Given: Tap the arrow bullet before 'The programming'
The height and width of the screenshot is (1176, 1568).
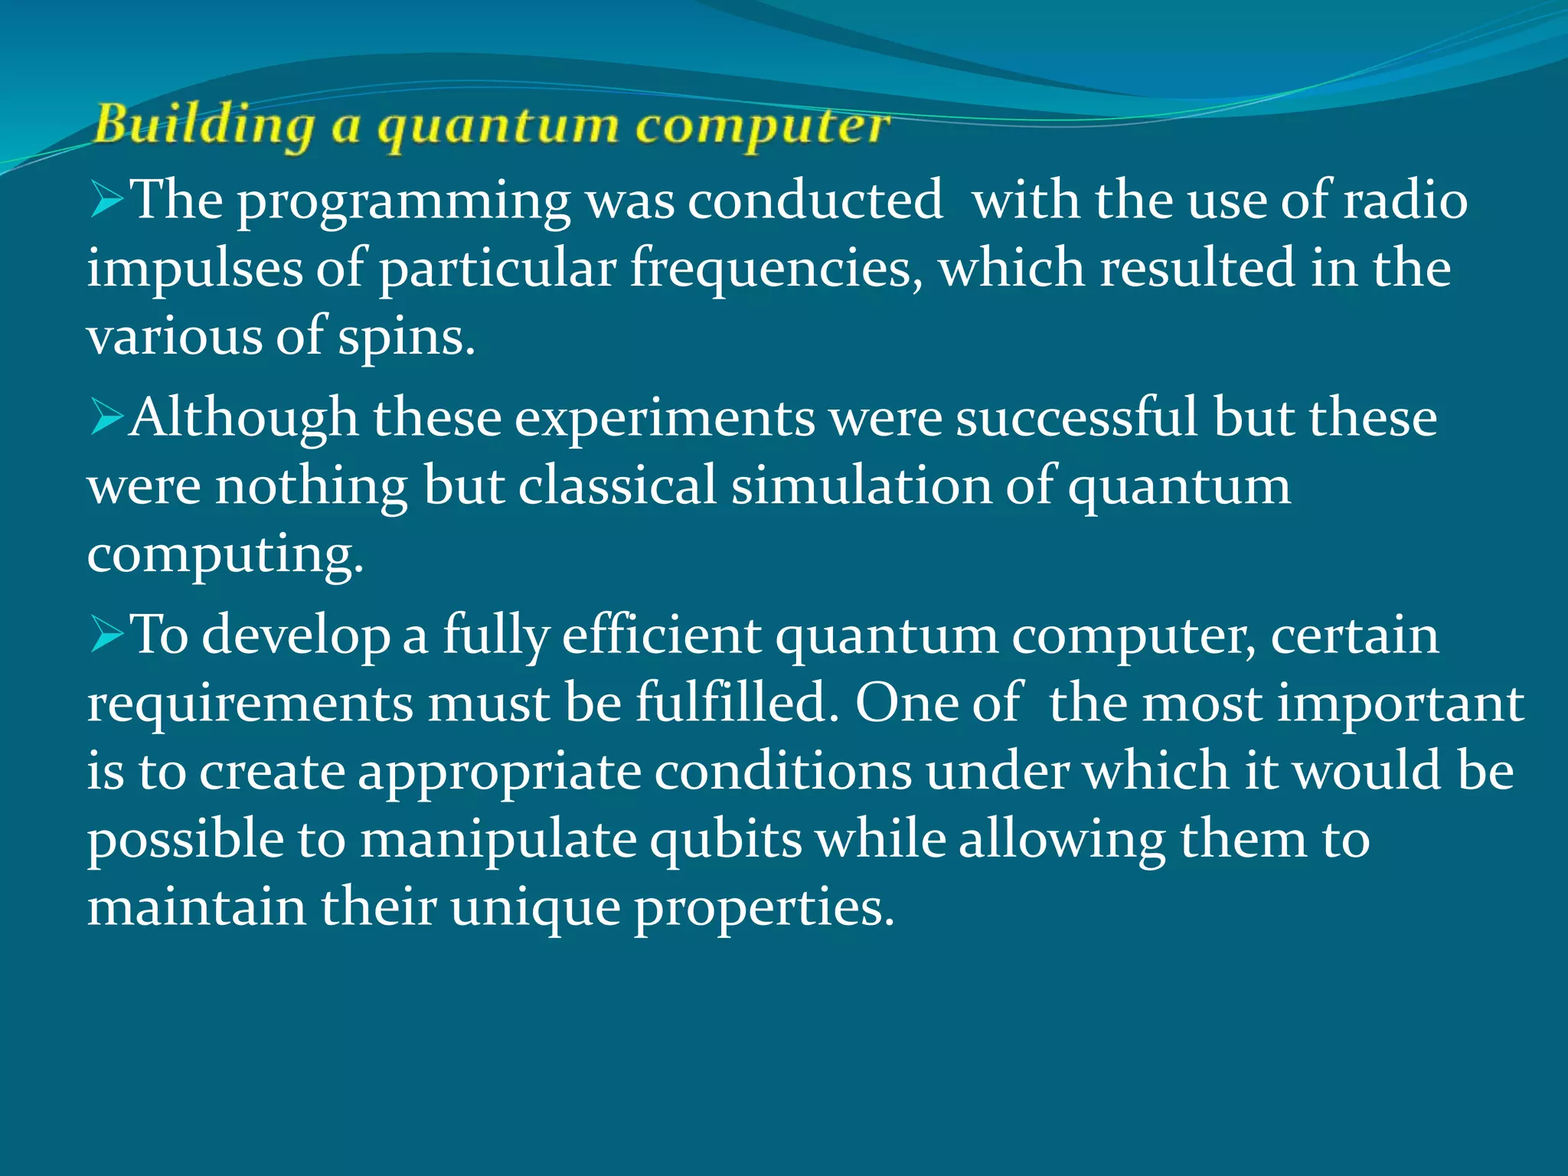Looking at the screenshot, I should tap(106, 200).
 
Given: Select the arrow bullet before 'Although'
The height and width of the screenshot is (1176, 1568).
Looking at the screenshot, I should tap(106, 418).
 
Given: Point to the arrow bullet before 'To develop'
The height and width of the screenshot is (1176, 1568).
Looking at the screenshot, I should tap(106, 635).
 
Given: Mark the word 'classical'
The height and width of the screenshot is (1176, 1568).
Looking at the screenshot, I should tap(617, 485).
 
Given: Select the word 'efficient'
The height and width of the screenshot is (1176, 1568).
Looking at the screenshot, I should tap(661, 635).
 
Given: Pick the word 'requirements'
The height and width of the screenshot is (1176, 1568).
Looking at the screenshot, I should tap(250, 704).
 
